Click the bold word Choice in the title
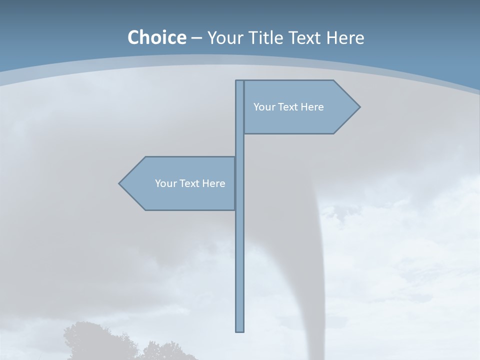(x=156, y=37)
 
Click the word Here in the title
(x=345, y=37)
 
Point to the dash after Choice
(x=196, y=38)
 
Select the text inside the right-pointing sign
(x=288, y=107)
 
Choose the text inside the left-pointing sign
(x=190, y=183)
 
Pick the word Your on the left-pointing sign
(x=165, y=183)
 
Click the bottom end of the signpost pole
(x=240, y=329)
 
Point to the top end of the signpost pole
(x=240, y=82)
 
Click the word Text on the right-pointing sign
(x=287, y=107)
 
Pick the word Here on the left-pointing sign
(x=213, y=183)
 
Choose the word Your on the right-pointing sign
(x=263, y=107)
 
